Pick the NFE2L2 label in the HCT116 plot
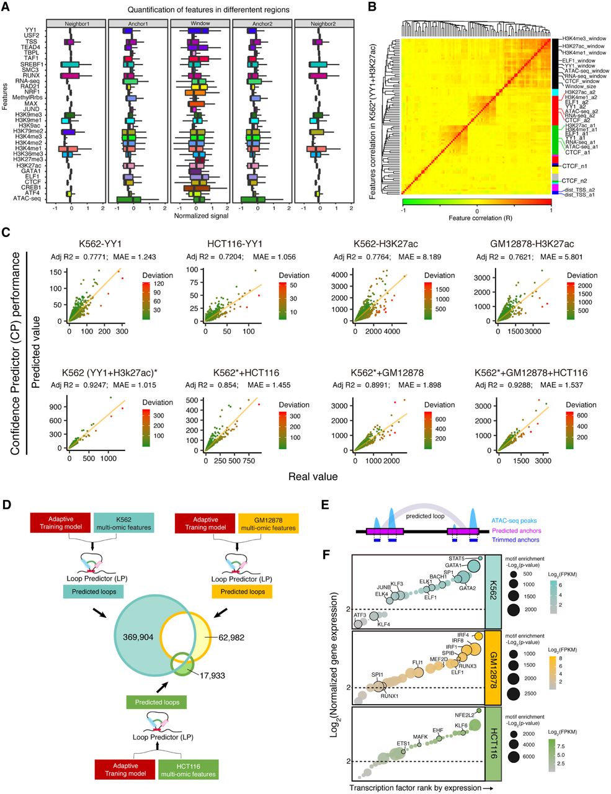464,715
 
